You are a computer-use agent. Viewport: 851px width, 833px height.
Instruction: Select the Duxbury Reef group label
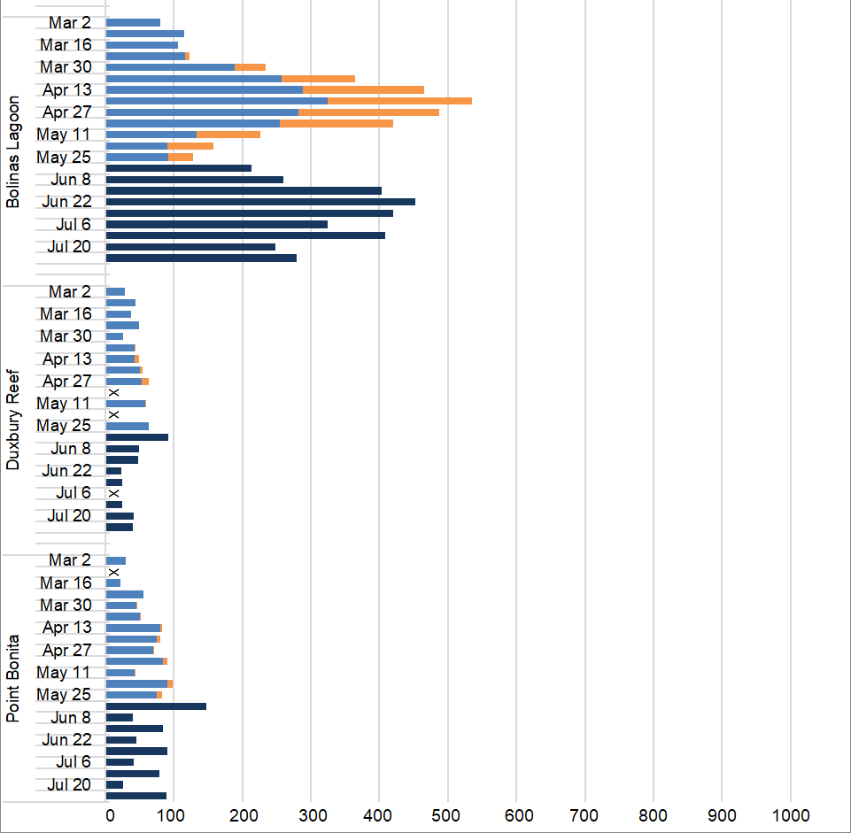click(12, 420)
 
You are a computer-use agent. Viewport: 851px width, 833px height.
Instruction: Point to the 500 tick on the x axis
click(447, 814)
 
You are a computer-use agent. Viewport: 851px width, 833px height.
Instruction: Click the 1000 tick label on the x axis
click(789, 814)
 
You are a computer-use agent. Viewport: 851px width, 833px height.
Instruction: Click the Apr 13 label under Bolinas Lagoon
click(67, 89)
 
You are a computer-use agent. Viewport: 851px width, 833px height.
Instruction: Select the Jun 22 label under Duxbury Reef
click(67, 471)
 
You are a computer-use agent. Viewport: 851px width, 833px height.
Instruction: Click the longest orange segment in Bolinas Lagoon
click(399, 101)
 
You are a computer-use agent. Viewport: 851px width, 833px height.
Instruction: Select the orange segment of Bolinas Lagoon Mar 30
click(251, 67)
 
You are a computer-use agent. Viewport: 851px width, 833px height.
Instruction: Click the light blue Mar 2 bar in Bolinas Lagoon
click(133, 22)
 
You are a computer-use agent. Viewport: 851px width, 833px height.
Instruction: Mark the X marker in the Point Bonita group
click(113, 572)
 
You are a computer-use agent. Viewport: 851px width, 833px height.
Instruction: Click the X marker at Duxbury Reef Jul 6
click(113, 493)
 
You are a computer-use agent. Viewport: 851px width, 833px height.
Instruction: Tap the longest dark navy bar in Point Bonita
click(156, 706)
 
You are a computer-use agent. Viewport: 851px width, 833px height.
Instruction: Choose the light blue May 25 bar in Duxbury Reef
click(128, 426)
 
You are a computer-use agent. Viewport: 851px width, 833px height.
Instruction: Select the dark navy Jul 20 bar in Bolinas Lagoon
click(190, 247)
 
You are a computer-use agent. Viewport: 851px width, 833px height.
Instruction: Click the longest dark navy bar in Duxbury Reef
click(137, 437)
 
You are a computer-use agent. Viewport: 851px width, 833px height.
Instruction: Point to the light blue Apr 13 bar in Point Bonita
click(133, 628)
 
